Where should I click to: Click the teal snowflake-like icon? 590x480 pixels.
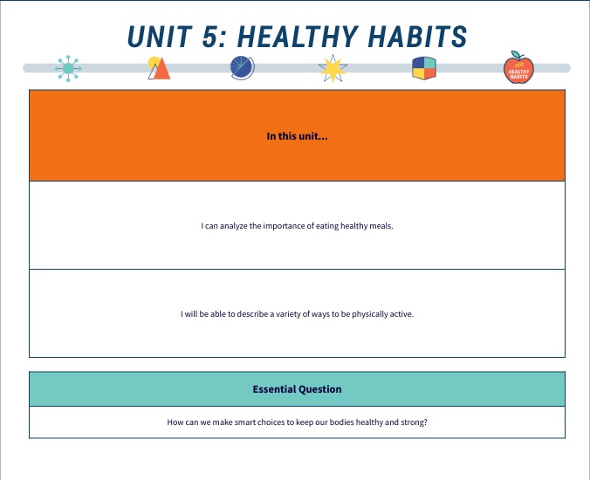(x=69, y=68)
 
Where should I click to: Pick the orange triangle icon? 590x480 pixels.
(x=159, y=68)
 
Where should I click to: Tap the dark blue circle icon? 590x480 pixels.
(x=242, y=67)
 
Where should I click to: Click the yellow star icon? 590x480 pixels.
(x=333, y=68)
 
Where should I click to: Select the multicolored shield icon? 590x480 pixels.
(x=424, y=68)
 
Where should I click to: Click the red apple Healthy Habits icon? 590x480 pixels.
(x=518, y=68)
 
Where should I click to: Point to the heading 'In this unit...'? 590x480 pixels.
(x=297, y=136)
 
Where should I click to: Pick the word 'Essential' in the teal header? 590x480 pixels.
(x=275, y=389)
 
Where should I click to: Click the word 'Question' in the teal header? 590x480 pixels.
(x=320, y=389)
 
